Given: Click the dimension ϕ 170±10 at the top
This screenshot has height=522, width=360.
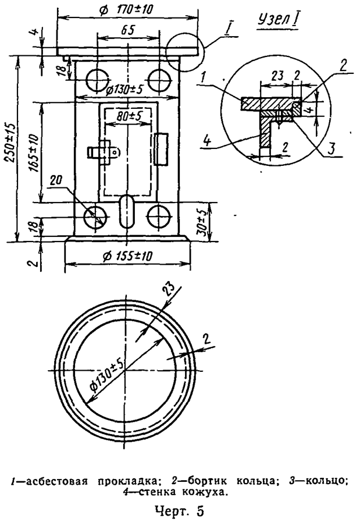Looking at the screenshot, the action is pos(126,9).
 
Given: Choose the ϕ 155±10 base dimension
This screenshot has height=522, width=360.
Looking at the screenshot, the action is pos(127,255).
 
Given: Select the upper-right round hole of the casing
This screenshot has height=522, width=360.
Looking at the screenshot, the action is pos(159,80).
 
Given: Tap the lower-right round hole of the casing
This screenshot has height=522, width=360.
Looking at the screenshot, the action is pos(159,216).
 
